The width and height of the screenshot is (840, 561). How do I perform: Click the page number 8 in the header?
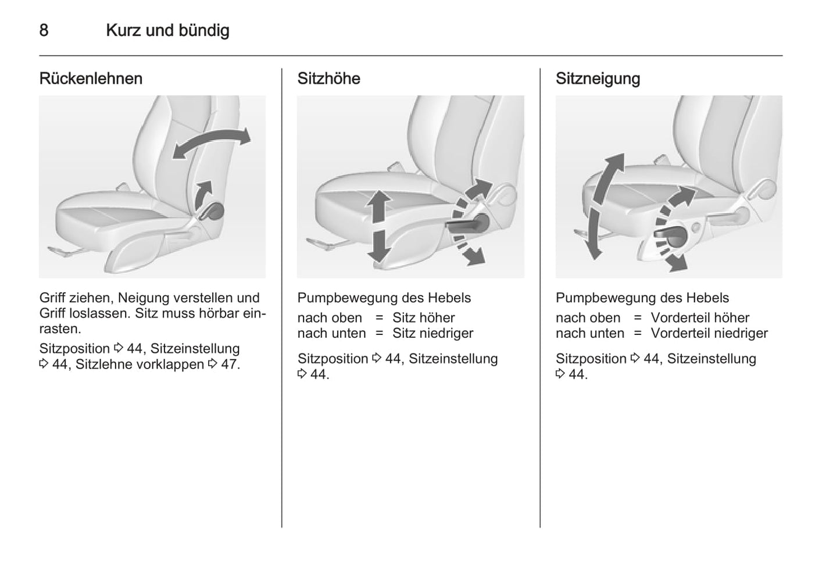[44, 30]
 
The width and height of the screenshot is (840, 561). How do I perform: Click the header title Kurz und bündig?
[167, 30]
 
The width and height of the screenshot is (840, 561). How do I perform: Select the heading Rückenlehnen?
[91, 78]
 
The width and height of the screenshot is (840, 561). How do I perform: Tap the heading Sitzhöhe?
[328, 78]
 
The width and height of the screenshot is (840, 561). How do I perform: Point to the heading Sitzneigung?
[598, 78]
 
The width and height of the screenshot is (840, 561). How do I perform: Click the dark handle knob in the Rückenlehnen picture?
[215, 211]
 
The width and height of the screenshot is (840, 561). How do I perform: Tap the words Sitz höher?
[423, 318]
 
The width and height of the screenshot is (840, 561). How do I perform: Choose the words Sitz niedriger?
[432, 334]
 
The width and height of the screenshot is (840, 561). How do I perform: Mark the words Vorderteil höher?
[700, 318]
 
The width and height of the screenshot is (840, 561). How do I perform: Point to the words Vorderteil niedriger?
[709, 334]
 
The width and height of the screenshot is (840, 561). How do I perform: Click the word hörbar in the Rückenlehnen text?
[216, 313]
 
